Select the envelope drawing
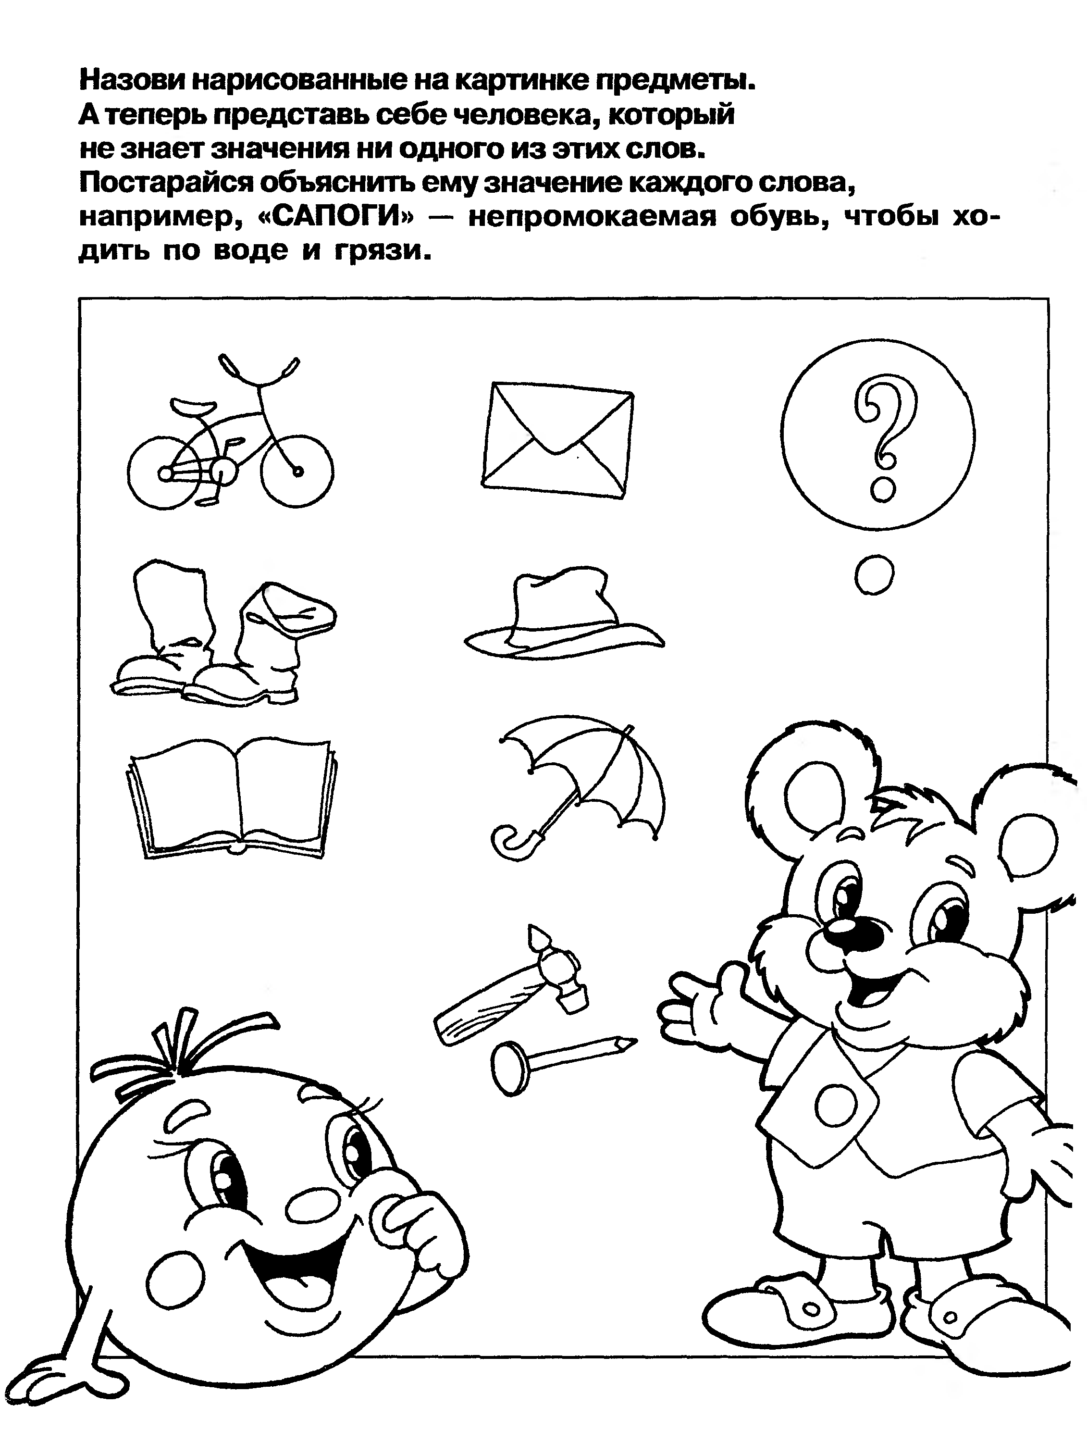point(558,439)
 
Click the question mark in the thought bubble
point(885,440)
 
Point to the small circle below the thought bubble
point(874,574)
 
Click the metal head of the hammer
point(558,969)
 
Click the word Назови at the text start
point(132,80)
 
